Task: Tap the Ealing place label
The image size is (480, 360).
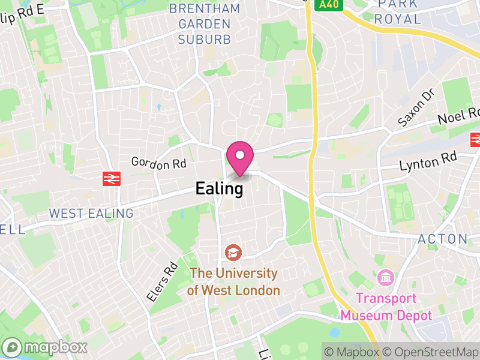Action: [219, 189]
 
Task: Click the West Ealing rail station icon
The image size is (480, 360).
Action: [112, 178]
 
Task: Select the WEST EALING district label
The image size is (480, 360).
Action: [91, 214]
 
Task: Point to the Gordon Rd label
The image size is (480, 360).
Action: [158, 163]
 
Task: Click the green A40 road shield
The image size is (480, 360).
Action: [330, 4]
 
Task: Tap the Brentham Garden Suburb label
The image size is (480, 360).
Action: [204, 24]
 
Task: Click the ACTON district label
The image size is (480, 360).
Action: [442, 239]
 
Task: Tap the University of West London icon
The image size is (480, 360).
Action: [232, 253]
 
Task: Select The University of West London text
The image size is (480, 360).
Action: [233, 282]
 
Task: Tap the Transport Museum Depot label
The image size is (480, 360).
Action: [394, 307]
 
